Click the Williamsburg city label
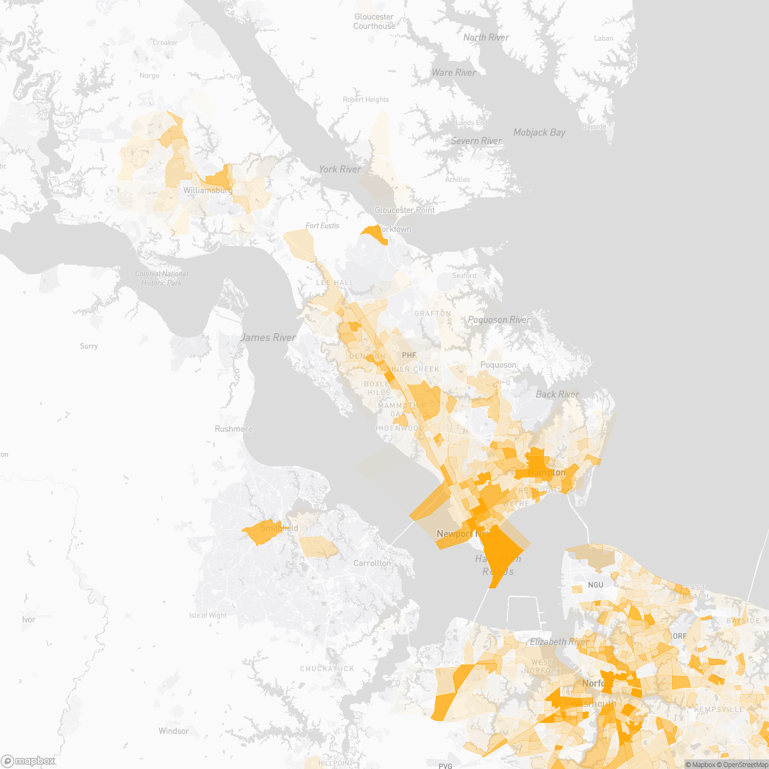207,190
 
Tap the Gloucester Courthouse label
374,22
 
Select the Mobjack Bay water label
539,133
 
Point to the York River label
340,169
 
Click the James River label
269,338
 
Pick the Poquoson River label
499,320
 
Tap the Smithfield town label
279,528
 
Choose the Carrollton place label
372,563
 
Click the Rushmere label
234,429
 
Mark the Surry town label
89,346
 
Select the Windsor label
174,731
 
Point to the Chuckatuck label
327,668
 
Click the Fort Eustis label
322,226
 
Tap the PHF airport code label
409,355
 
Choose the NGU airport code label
595,584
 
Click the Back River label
557,394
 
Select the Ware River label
454,72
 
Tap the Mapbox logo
28,760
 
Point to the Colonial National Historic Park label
161,278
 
